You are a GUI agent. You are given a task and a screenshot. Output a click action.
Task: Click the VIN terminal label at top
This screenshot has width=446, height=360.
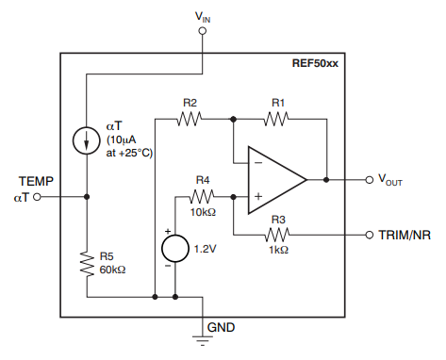tap(203, 15)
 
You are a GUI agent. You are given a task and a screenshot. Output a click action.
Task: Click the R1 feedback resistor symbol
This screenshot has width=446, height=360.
tap(278, 119)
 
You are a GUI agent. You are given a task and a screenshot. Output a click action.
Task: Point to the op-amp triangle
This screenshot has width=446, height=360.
tap(274, 178)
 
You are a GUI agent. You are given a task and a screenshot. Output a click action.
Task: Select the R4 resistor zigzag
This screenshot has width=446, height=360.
tap(203, 196)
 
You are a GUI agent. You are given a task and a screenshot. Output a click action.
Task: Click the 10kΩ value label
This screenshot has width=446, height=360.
tap(204, 213)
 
